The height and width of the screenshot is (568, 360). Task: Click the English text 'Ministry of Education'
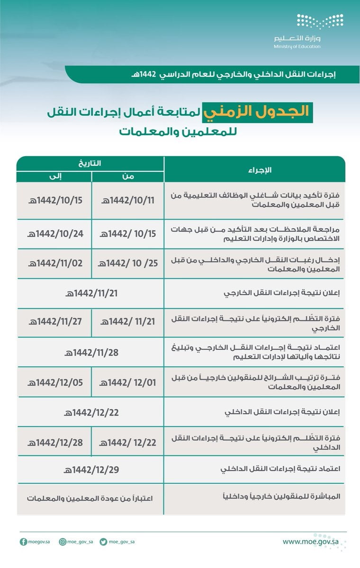point(297,46)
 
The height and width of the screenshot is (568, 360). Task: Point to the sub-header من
point(128,176)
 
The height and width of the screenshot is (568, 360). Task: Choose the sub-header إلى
point(54,176)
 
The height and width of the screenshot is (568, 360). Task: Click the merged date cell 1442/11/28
point(91,352)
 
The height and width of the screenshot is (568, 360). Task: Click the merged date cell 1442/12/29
point(91,470)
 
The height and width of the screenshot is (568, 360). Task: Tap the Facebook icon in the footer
point(23,542)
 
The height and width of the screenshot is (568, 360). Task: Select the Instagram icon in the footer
point(62,542)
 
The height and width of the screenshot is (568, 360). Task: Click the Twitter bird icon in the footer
point(103,542)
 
